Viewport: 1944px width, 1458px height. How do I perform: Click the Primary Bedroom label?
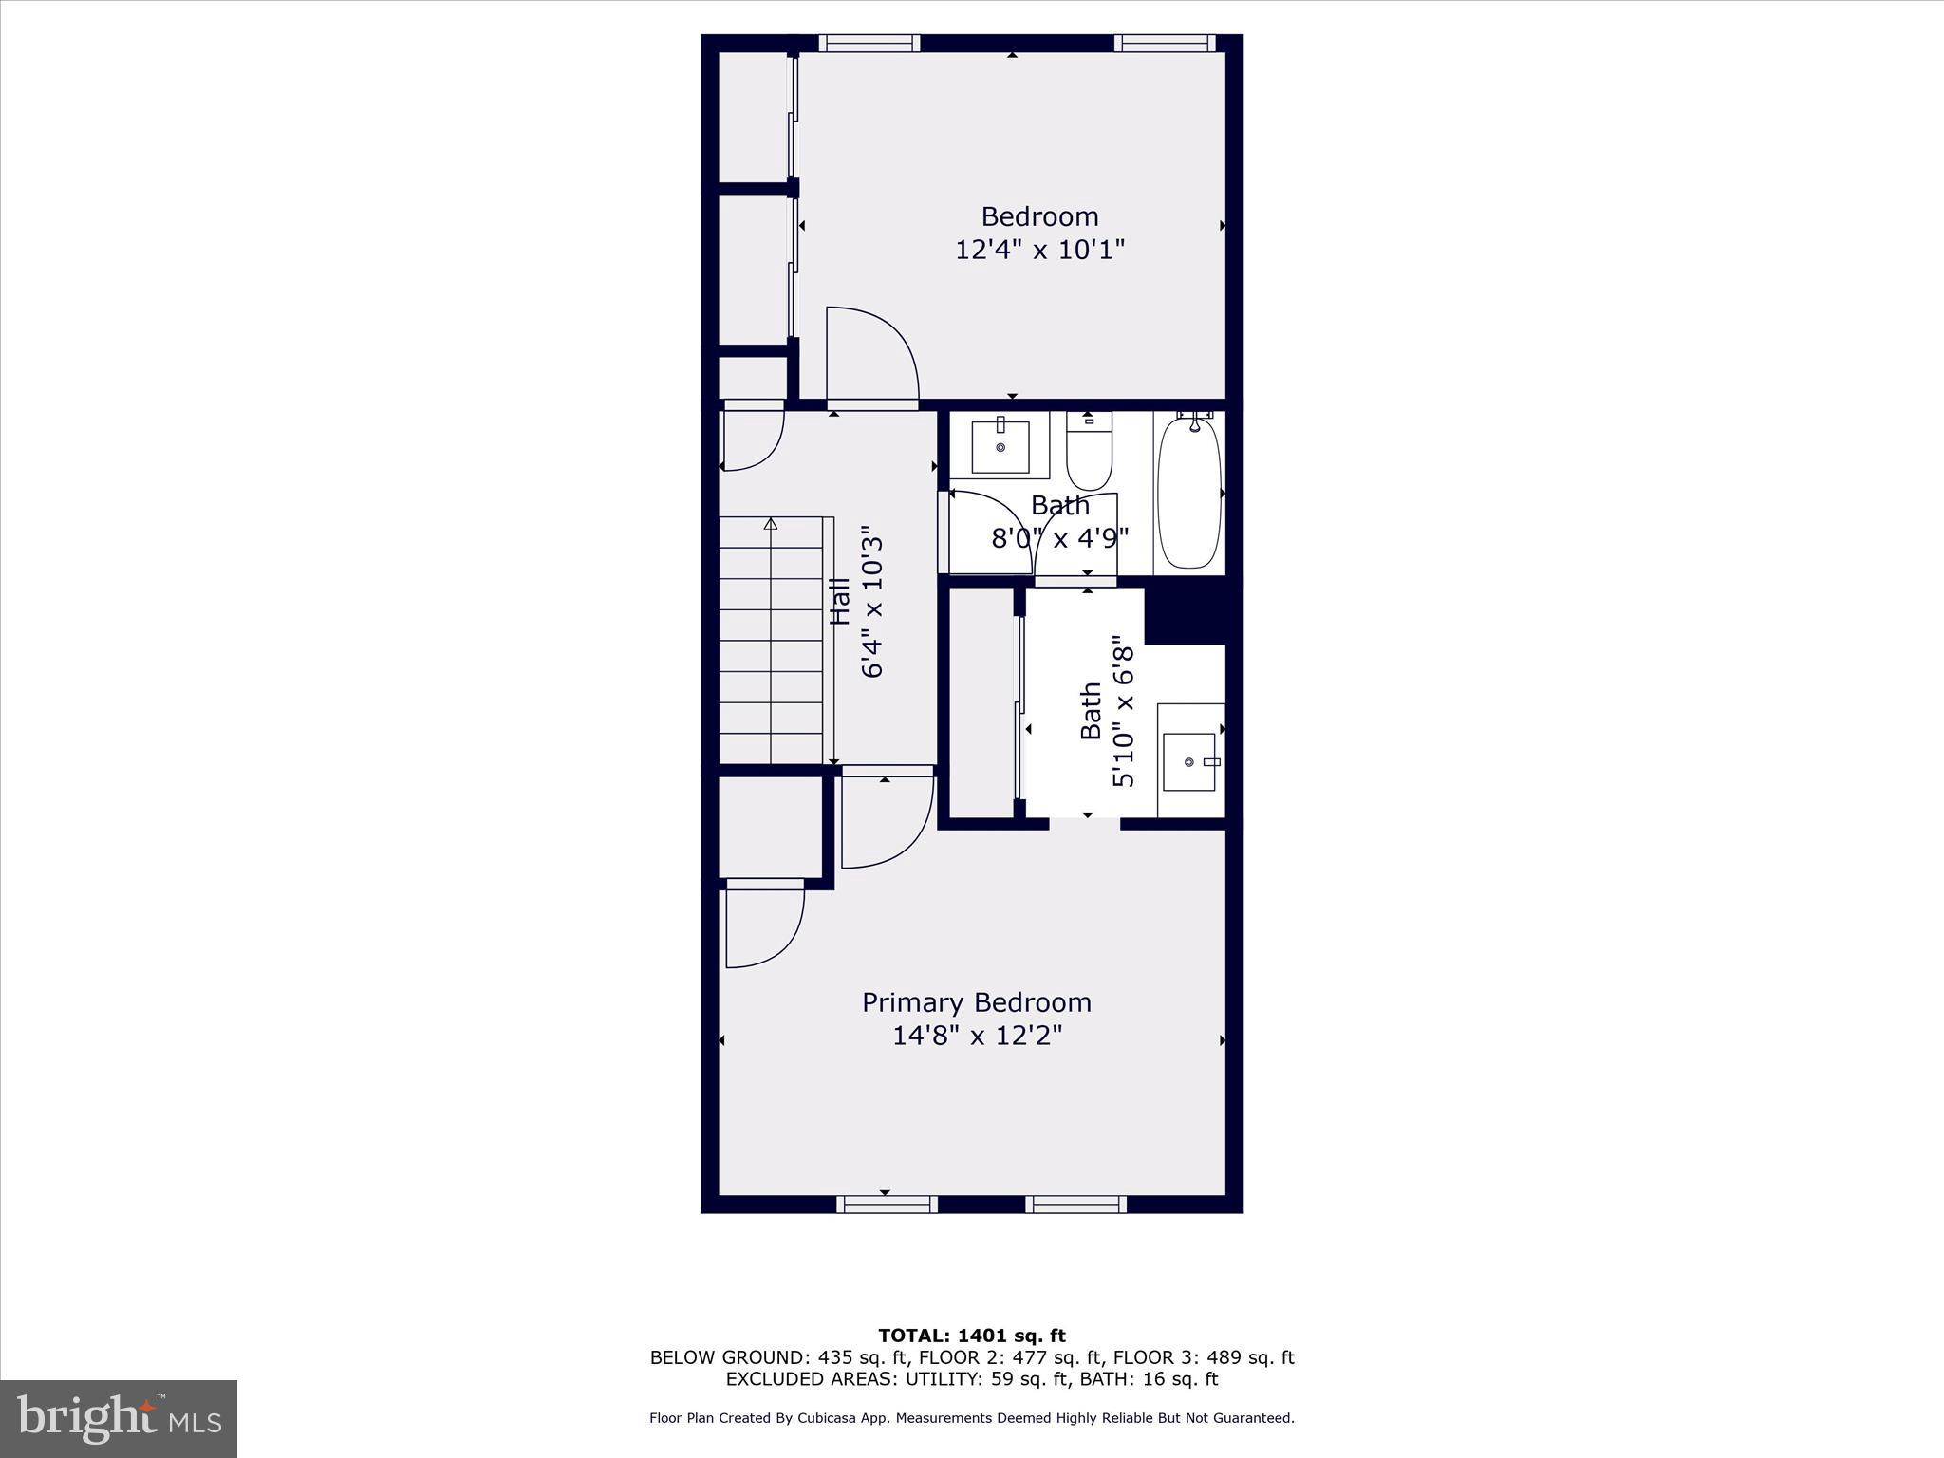coord(976,1002)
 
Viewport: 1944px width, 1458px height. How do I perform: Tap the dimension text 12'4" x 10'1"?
coord(1039,250)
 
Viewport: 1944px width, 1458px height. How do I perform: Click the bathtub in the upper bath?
coord(1188,494)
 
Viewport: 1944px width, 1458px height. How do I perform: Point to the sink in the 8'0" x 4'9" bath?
coord(1000,447)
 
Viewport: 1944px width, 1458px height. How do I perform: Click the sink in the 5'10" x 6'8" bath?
coord(1189,761)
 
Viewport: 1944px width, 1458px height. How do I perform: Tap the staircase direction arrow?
coord(771,524)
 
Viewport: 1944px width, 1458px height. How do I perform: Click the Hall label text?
coord(841,601)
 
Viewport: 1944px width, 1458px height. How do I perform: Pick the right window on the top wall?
coord(1164,43)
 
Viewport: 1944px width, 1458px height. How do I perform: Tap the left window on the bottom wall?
coord(887,1204)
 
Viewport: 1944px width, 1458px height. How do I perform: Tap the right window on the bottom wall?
coord(1075,1204)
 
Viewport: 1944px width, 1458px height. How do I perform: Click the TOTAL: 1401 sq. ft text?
coord(971,1336)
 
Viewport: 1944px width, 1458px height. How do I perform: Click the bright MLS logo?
coord(119,1418)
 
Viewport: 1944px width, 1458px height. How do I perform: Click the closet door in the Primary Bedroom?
coord(764,925)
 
